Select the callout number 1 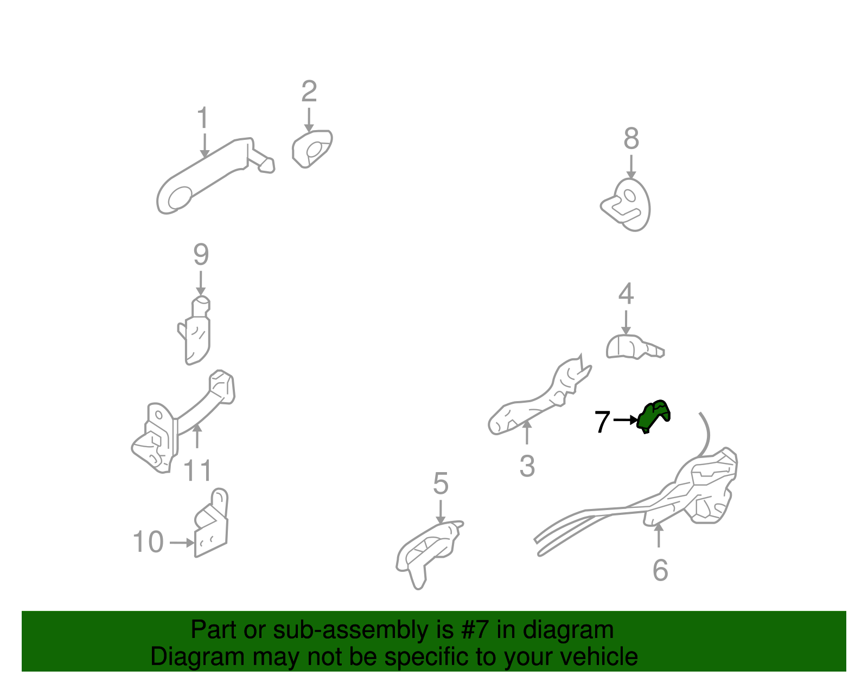[203, 117]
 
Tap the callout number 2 [309, 92]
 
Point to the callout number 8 [631, 138]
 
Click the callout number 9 [201, 255]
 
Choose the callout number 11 [197, 470]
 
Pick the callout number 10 [148, 541]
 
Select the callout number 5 [441, 483]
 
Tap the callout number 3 [527, 466]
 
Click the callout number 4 [626, 294]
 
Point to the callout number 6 [660, 570]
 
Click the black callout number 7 [602, 421]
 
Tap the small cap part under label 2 [312, 149]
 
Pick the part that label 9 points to [195, 330]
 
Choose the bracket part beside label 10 [212, 523]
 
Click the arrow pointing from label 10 [182, 543]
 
